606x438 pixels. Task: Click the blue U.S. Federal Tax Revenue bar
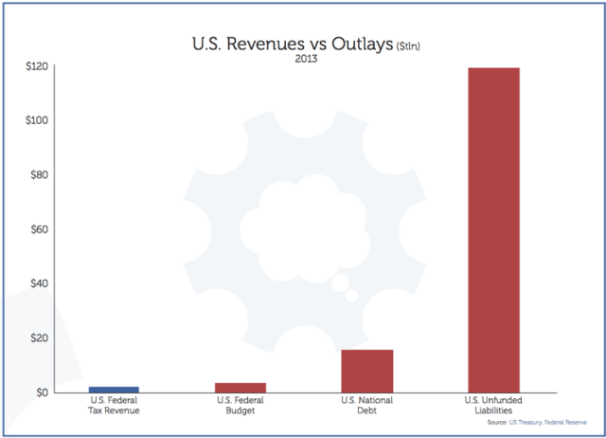114,389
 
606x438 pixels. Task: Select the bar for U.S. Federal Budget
241,387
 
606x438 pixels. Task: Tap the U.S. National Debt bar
367,371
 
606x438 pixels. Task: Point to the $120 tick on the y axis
38,66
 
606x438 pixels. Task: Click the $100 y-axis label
38,120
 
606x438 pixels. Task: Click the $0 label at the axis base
43,392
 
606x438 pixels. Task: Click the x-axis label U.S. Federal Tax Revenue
114,406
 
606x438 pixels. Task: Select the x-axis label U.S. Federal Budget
241,406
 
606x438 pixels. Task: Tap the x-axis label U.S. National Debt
367,406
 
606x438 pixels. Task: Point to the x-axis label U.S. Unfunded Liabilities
494,406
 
